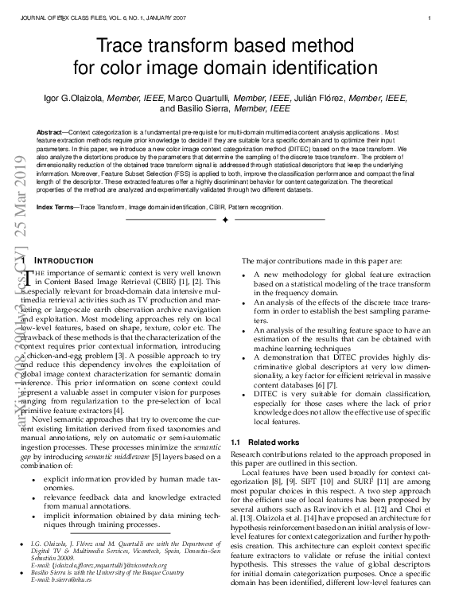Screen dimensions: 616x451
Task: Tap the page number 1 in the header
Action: [428, 18]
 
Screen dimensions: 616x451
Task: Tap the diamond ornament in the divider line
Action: [225, 218]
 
